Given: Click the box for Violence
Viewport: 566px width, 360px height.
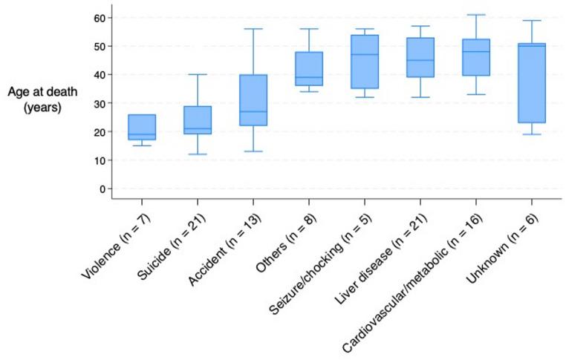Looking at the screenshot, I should [x=142, y=127].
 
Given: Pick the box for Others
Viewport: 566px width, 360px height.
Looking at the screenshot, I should [x=309, y=69].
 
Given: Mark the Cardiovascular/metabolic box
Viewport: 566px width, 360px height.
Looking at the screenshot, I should [x=476, y=68].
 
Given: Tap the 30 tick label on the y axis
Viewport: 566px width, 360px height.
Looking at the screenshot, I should [x=99, y=103].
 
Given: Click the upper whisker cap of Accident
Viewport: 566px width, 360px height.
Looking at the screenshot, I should [x=253, y=29].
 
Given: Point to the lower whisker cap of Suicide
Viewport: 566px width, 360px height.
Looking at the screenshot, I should [x=198, y=154].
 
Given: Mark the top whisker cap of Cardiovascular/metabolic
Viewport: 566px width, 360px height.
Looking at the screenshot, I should [x=476, y=15].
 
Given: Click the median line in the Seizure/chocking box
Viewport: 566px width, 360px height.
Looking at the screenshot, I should [x=365, y=54].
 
